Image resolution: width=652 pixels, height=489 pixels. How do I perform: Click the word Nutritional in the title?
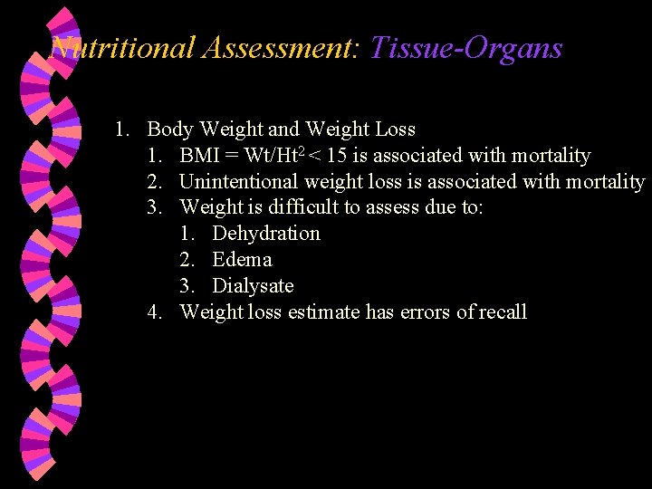123,47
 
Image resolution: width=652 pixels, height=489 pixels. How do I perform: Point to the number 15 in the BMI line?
337,156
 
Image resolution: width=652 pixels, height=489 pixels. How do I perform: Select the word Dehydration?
266,234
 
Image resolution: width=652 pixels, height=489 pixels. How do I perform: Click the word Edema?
242,260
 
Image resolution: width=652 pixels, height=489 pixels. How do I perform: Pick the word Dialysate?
253,286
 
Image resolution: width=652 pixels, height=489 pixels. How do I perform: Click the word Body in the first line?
170,129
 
